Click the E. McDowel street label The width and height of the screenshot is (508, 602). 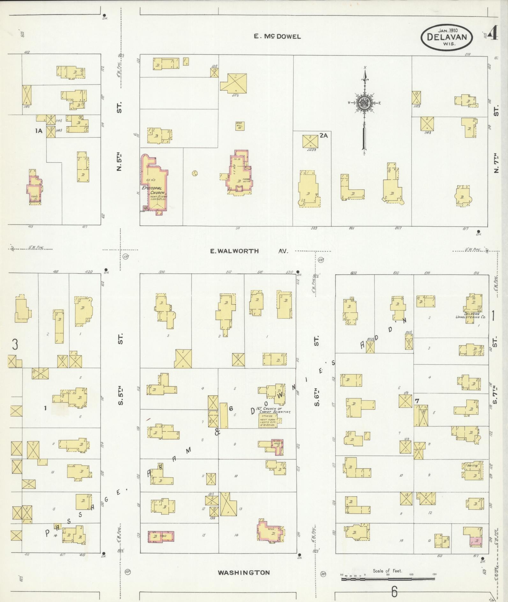(x=277, y=36)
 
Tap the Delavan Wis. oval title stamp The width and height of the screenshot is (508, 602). (x=447, y=37)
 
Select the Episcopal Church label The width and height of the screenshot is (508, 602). (x=154, y=190)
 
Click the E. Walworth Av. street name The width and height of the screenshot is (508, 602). (x=248, y=251)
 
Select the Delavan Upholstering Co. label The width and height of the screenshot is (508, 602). (x=475, y=315)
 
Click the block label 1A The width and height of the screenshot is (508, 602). (x=39, y=130)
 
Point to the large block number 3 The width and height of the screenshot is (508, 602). (x=15, y=345)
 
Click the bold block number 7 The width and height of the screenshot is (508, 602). (x=416, y=401)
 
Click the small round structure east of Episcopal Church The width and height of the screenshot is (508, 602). (x=195, y=173)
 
